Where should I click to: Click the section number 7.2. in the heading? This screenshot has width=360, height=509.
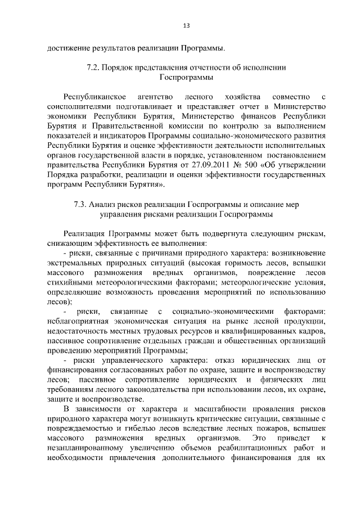94,67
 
